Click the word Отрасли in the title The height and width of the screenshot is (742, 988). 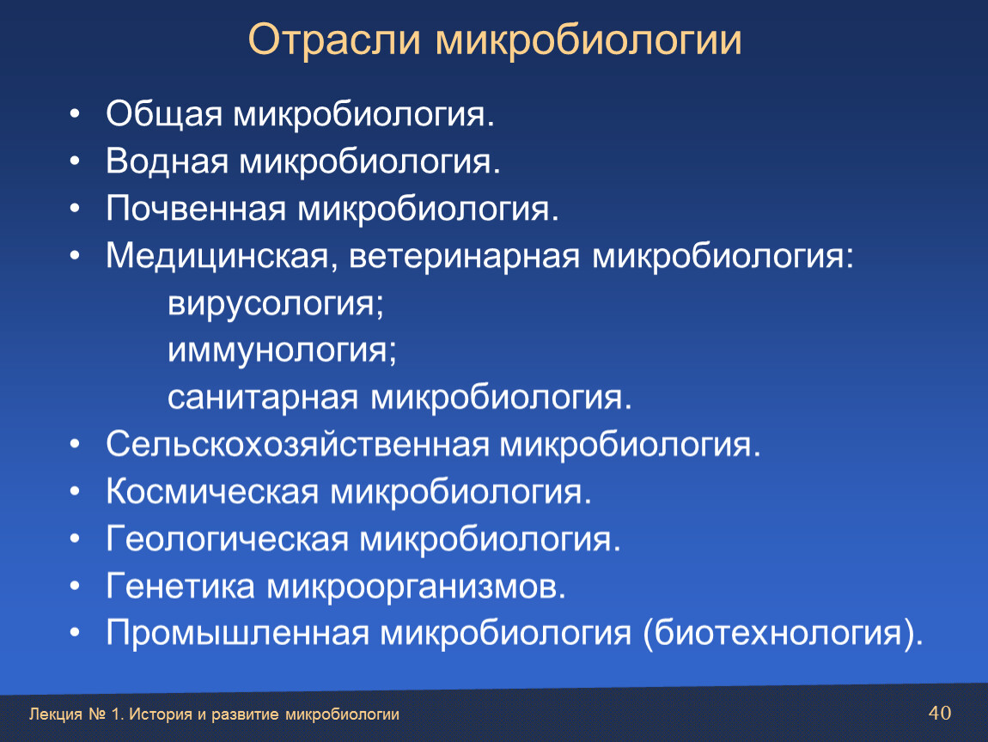tap(334, 40)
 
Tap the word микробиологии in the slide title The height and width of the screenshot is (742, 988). tap(589, 41)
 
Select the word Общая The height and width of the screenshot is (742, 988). tap(164, 115)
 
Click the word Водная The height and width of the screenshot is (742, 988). tap(167, 161)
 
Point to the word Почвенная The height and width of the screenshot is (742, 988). tap(196, 209)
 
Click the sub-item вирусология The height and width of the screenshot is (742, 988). tap(276, 305)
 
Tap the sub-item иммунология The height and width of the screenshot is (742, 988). tap(283, 351)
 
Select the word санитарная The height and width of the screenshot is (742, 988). tap(263, 398)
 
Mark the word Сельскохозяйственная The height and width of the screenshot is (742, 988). tap(297, 445)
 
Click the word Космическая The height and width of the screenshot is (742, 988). tap(212, 492)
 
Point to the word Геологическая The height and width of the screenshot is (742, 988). tap(227, 539)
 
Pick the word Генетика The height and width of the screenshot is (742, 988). tap(180, 587)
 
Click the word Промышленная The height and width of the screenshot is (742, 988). tap(237, 633)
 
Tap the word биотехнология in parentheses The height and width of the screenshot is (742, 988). tap(778, 634)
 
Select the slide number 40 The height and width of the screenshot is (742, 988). tap(940, 713)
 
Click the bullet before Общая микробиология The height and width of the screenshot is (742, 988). tap(75, 114)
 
